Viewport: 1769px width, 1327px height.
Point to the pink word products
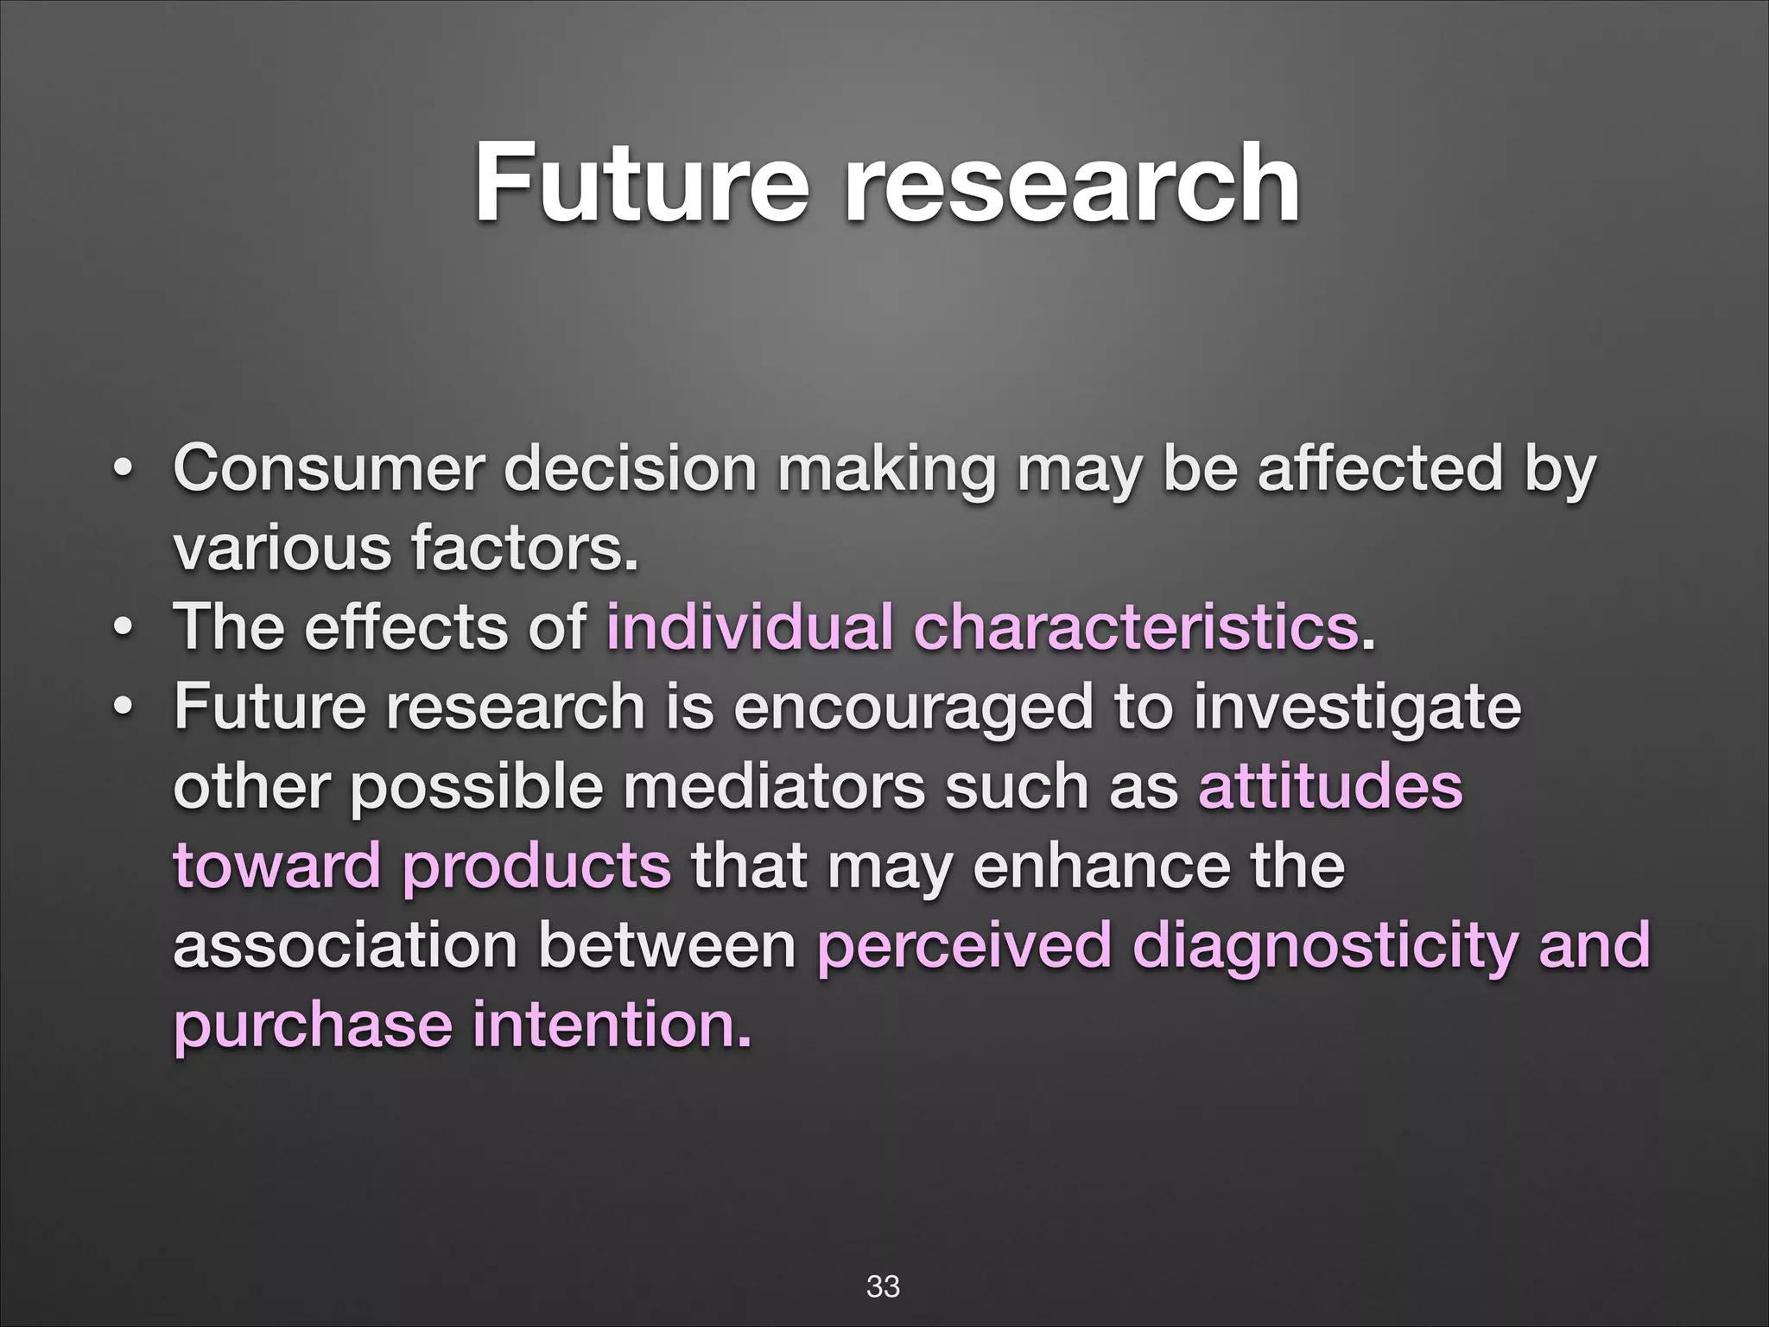pos(536,867)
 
